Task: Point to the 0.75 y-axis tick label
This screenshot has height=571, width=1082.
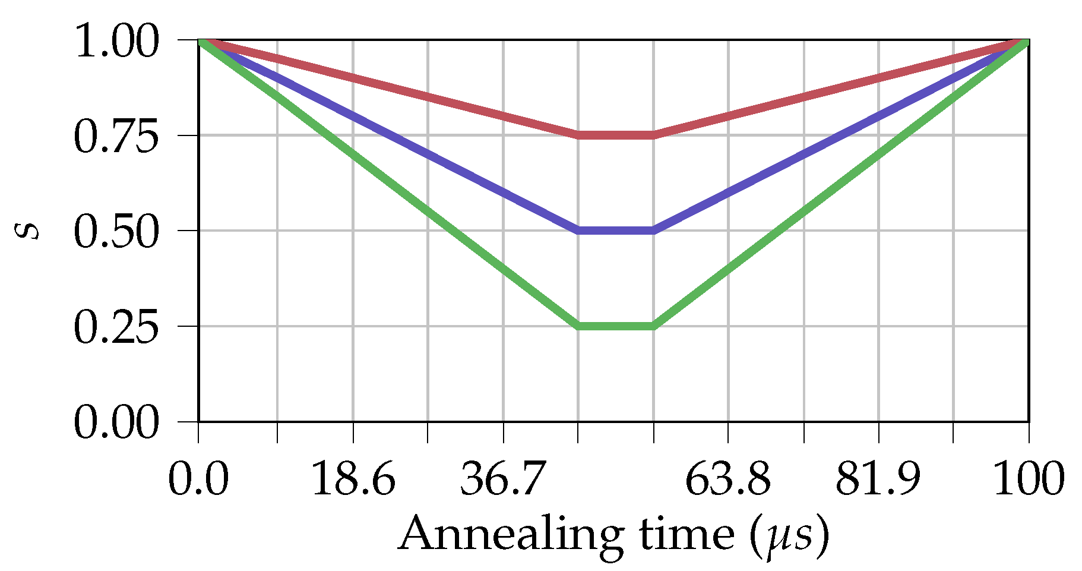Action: point(116,137)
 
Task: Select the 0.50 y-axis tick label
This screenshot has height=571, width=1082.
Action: point(116,232)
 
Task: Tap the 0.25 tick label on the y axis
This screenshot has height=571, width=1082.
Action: point(116,327)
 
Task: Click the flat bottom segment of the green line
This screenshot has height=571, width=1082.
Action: point(616,326)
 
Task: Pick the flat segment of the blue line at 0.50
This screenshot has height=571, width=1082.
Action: point(616,231)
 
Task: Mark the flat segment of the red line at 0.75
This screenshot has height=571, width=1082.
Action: point(616,135)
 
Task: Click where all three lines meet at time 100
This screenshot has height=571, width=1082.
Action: point(1027,40)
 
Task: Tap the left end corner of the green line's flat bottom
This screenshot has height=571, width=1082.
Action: point(578,326)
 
